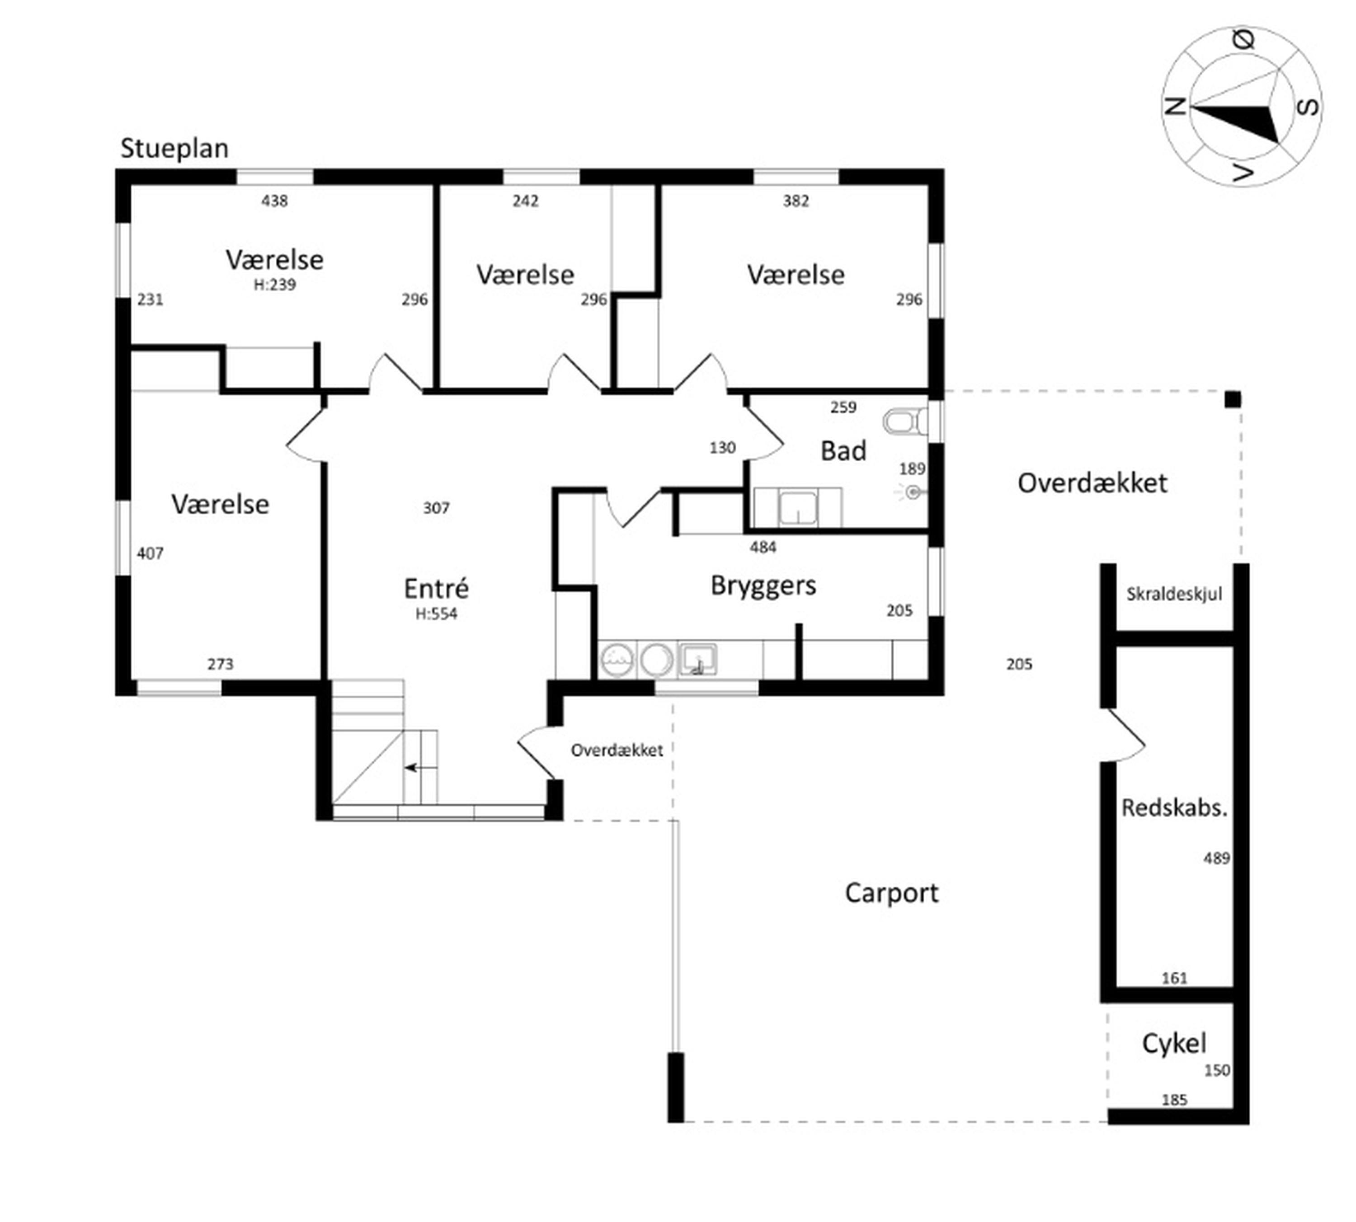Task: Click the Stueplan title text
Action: click(174, 148)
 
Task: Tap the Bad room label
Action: click(843, 450)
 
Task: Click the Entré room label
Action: click(436, 588)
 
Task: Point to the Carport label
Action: click(891, 893)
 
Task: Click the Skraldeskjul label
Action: click(1174, 594)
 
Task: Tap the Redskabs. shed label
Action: click(1174, 808)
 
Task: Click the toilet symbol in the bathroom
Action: click(904, 422)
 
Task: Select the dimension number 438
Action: click(275, 201)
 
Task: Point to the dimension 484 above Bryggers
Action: click(763, 547)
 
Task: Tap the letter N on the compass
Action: click(1175, 107)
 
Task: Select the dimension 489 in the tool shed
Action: click(1216, 858)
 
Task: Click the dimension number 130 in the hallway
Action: click(723, 448)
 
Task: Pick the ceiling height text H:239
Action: click(275, 285)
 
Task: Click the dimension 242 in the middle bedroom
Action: click(525, 201)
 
